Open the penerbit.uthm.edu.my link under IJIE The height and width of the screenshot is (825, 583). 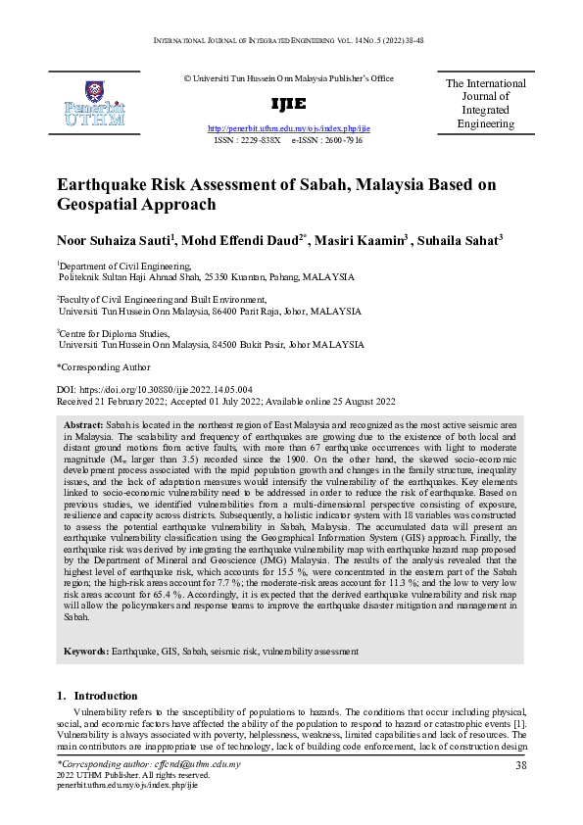[289, 128]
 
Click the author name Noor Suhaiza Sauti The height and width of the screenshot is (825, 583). [116, 241]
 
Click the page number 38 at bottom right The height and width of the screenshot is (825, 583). [521, 765]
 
